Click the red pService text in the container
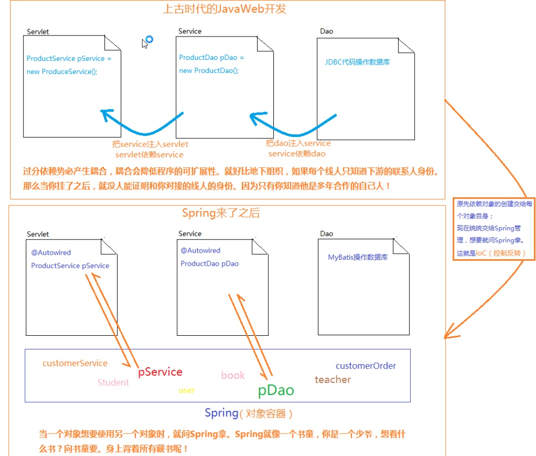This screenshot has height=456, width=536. click(x=160, y=372)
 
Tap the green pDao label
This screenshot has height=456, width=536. click(x=276, y=390)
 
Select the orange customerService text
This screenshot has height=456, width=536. click(x=75, y=363)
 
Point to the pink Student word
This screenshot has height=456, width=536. click(x=113, y=382)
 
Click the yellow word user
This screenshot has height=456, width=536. click(x=187, y=391)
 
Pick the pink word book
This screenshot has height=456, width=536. click(x=233, y=375)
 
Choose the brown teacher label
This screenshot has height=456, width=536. click(x=333, y=379)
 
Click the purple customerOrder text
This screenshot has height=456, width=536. click(x=366, y=366)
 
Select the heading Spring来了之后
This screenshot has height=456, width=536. click(x=221, y=213)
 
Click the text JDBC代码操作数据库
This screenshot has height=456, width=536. click(x=358, y=62)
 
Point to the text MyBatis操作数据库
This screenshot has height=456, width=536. click(x=358, y=257)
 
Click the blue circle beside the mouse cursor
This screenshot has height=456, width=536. click(x=149, y=39)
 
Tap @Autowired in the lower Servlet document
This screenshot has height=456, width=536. click(x=51, y=253)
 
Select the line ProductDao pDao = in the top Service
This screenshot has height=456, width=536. click(x=211, y=58)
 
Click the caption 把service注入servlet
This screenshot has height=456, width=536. click(x=150, y=145)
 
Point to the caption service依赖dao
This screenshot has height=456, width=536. click(x=297, y=153)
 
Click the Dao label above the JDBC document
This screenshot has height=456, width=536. click(x=327, y=31)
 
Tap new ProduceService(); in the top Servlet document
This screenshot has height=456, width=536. click(x=62, y=72)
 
